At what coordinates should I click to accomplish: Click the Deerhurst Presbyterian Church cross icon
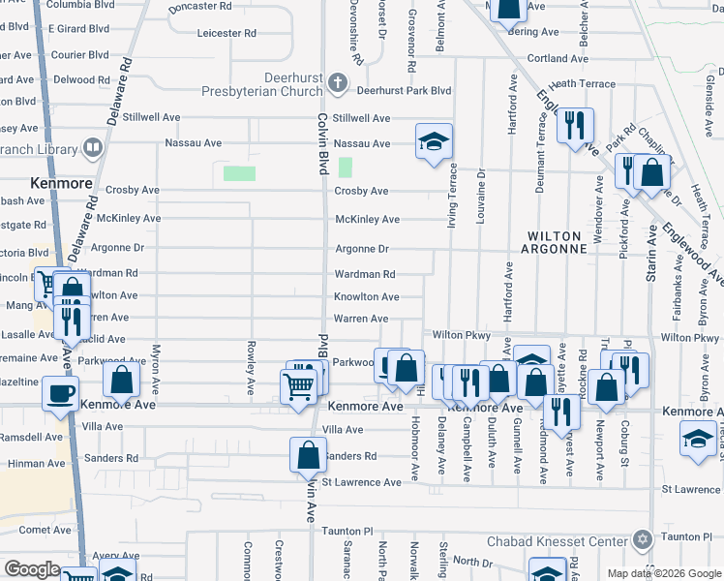tap(338, 83)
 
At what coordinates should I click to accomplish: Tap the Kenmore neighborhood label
tap(61, 183)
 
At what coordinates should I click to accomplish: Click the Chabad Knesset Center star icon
tap(641, 539)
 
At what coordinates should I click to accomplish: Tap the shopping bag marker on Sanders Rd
tap(307, 454)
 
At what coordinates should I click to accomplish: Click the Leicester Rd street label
tap(226, 33)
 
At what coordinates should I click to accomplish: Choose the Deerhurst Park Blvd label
tap(405, 90)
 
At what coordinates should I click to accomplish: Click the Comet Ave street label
tap(45, 530)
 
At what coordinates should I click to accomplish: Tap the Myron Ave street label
tap(156, 368)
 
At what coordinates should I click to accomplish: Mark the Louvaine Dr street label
tap(481, 198)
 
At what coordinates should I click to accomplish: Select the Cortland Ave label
tap(559, 58)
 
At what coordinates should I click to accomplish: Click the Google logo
tap(33, 569)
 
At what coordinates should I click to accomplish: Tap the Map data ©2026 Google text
tap(663, 573)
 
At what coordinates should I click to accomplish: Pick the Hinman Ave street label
tap(36, 464)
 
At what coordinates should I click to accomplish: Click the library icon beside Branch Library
tap(93, 148)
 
